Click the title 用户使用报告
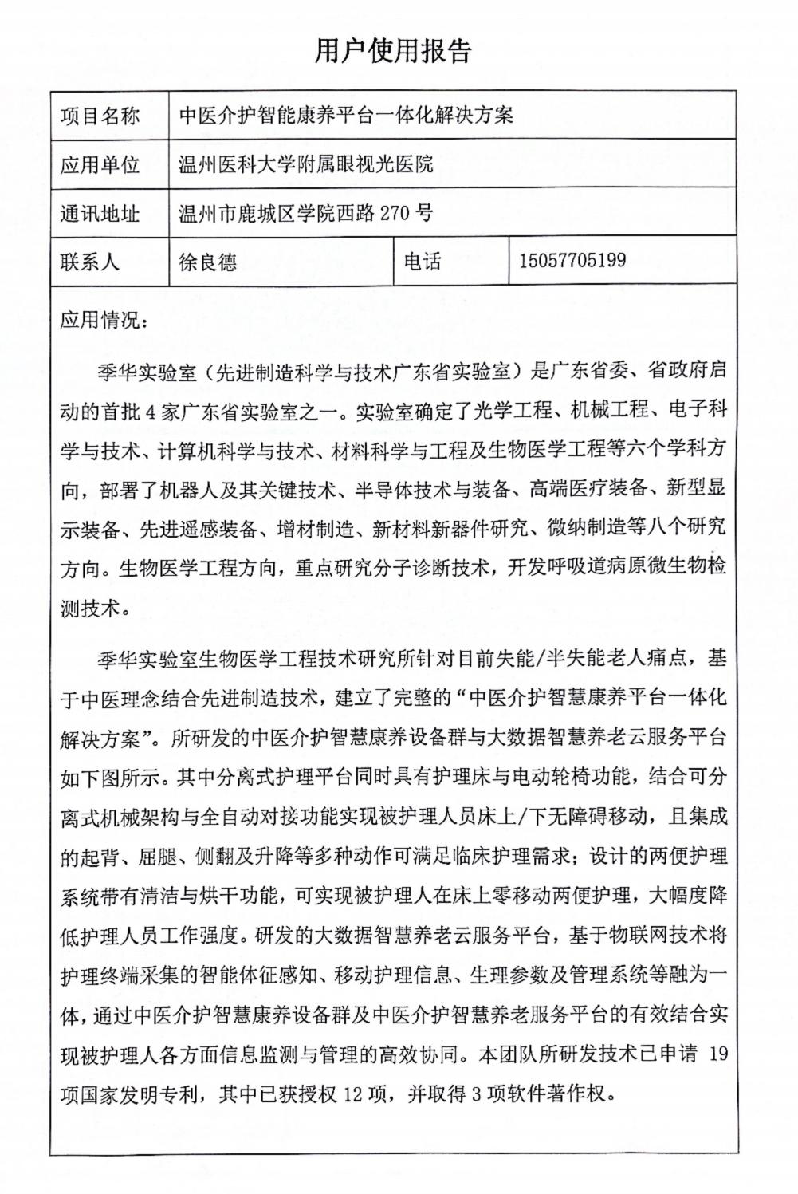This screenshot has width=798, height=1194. coord(393,50)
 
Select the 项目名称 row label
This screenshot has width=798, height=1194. coord(100,116)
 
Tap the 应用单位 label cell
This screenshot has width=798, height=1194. coord(100,165)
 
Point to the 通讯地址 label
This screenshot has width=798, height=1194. coord(100,214)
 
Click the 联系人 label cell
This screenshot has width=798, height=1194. coord(90,262)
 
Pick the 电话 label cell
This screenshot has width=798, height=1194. coord(423,262)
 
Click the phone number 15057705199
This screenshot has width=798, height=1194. coord(572,261)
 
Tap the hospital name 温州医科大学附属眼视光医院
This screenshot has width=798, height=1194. coord(306,165)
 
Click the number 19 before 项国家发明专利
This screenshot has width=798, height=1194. coord(717,1054)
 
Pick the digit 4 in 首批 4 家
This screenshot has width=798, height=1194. coord(154,412)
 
